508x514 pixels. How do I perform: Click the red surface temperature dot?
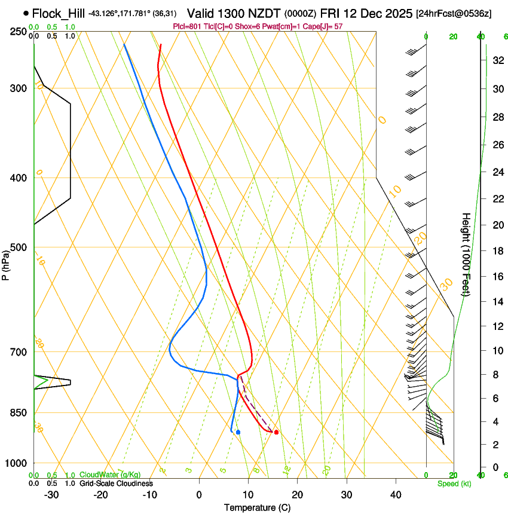coord(276,432)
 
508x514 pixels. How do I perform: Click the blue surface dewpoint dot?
coord(238,432)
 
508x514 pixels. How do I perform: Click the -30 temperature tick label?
coord(51,494)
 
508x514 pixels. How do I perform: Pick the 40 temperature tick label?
coord(396,494)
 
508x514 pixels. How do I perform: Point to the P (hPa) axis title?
coord(5,263)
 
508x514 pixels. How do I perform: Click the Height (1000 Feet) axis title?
coord(466,254)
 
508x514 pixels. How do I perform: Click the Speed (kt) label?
coord(454,484)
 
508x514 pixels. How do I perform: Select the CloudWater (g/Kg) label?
coord(110,476)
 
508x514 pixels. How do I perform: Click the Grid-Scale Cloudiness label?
coord(116,484)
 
